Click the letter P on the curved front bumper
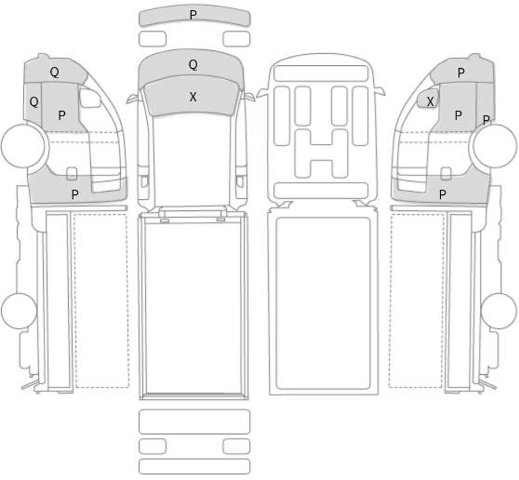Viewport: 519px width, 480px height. [193, 15]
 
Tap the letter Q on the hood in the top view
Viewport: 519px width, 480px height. [193, 64]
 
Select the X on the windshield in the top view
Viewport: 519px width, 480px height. [193, 97]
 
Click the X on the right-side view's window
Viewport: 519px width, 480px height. [430, 101]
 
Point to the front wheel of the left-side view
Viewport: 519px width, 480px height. [23, 146]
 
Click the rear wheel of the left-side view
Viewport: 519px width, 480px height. [19, 311]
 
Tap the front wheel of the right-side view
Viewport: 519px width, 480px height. [495, 146]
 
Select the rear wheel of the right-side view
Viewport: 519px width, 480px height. [499, 311]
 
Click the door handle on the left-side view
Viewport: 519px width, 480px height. [72, 174]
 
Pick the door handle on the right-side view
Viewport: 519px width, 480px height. [446, 174]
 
